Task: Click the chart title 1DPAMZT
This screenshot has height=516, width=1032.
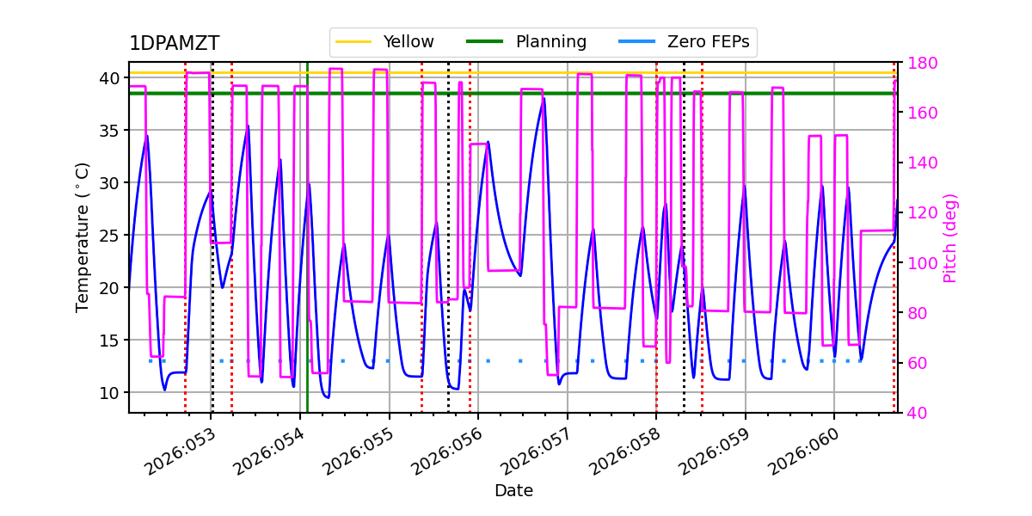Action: point(174,44)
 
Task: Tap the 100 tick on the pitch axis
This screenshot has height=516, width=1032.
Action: point(919,263)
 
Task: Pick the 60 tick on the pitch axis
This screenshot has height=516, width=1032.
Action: point(915,363)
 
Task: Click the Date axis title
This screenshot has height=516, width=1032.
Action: point(513,491)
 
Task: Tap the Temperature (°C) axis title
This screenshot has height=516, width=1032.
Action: point(83,237)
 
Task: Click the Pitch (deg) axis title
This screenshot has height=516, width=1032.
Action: point(950,237)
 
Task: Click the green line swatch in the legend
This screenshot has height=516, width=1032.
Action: point(483,41)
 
